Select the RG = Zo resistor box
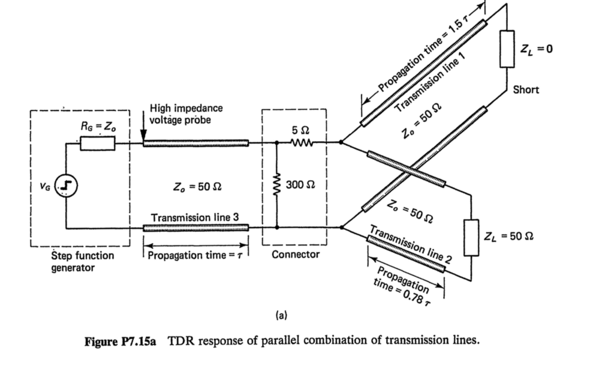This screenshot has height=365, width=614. (x=97, y=143)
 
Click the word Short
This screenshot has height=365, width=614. (x=526, y=90)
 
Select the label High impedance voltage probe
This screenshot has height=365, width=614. (x=185, y=113)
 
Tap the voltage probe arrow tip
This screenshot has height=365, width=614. (x=143, y=141)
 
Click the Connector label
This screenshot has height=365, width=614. (x=296, y=255)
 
